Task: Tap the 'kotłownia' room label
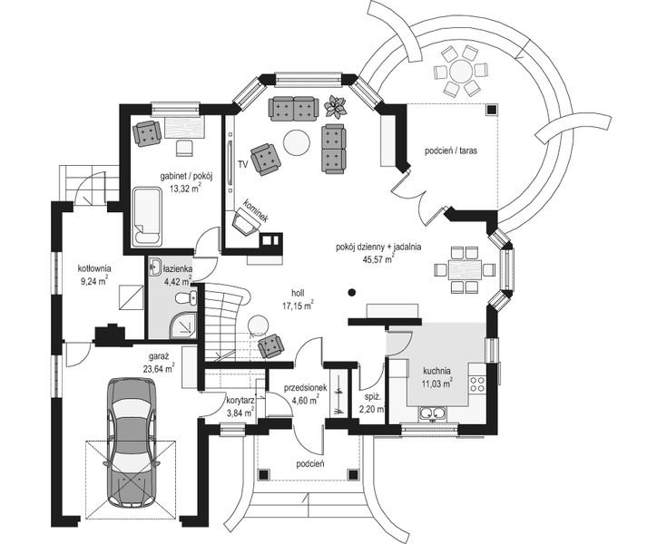coord(94,268)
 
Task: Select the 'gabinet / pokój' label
coord(186,178)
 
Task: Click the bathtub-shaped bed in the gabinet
coord(146,217)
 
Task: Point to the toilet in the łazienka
coord(186,297)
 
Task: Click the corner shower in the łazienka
coord(182,323)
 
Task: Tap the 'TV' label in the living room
coord(242,164)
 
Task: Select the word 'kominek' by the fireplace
coord(256,210)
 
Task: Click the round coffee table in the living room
coord(296,142)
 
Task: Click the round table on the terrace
coord(460,70)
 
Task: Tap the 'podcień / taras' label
coord(451,151)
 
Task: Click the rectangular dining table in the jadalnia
coord(465,269)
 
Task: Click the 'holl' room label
coord(298,293)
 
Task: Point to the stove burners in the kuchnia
coord(477,384)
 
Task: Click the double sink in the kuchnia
coord(432,413)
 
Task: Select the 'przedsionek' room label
coord(305,388)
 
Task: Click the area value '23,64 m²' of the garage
coord(159,369)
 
